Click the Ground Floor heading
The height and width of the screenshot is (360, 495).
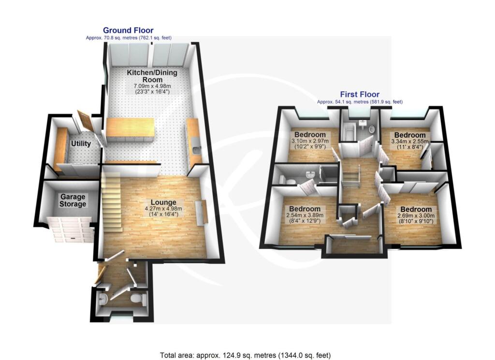pyautogui.click(x=128, y=30)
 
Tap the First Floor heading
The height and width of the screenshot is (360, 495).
pyautogui.click(x=359, y=95)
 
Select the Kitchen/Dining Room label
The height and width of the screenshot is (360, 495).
pyautogui.click(x=152, y=76)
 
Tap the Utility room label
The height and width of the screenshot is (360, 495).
pyautogui.click(x=81, y=144)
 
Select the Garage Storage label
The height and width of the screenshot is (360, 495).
pyautogui.click(x=73, y=201)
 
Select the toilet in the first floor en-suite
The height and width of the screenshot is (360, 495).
pyautogui.click(x=291, y=180)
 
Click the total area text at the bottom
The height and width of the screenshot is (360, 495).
pyautogui.click(x=246, y=355)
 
